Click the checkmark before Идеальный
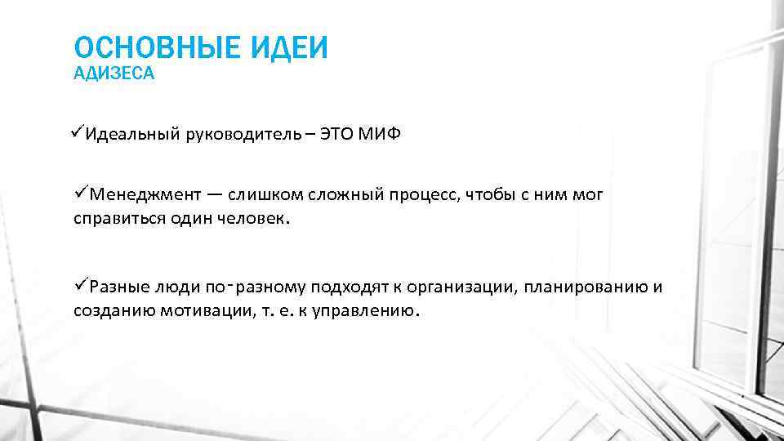coord(78,133)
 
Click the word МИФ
coord(383,134)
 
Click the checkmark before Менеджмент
coord(81,194)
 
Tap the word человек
coord(254,219)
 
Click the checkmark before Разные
coord(81,286)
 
